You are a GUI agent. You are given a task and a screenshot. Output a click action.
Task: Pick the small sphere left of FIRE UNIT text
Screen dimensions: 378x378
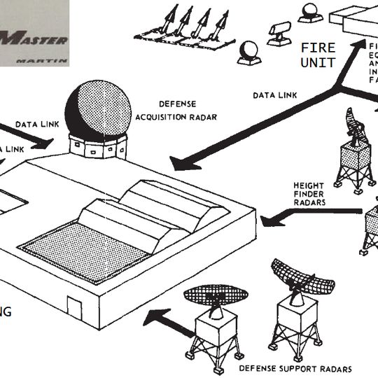(249, 51)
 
